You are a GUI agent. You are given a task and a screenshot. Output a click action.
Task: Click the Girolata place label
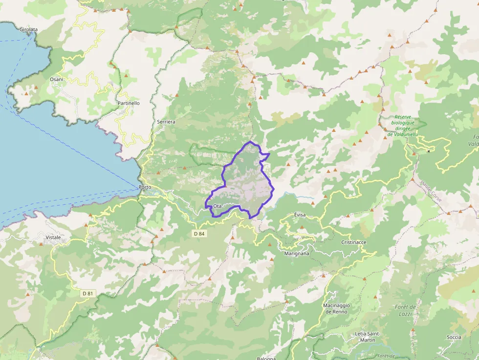[x=29, y=29]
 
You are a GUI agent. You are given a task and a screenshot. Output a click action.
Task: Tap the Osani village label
[x=56, y=79]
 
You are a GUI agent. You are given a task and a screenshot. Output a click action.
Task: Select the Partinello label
[x=129, y=103]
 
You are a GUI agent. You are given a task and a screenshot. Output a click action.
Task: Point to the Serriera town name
[x=166, y=121]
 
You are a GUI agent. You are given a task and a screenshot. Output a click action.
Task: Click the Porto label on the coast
[x=145, y=187]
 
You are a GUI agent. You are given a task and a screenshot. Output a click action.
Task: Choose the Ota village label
[x=218, y=206]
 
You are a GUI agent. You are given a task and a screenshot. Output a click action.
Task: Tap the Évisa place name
[x=300, y=215]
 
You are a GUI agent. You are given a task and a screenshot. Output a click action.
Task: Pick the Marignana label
[x=297, y=254]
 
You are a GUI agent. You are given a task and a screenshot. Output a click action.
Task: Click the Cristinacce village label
[x=353, y=242]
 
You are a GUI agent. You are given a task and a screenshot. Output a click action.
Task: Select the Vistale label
[x=53, y=237]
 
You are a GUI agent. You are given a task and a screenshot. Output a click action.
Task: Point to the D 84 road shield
[x=198, y=233]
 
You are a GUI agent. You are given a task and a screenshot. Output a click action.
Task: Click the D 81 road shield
[x=87, y=293]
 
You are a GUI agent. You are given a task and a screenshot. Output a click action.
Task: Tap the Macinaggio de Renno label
[x=335, y=308]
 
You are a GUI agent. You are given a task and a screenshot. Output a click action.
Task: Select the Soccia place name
[x=454, y=337]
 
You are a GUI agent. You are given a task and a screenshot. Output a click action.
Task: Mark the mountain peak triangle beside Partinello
[x=127, y=76]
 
